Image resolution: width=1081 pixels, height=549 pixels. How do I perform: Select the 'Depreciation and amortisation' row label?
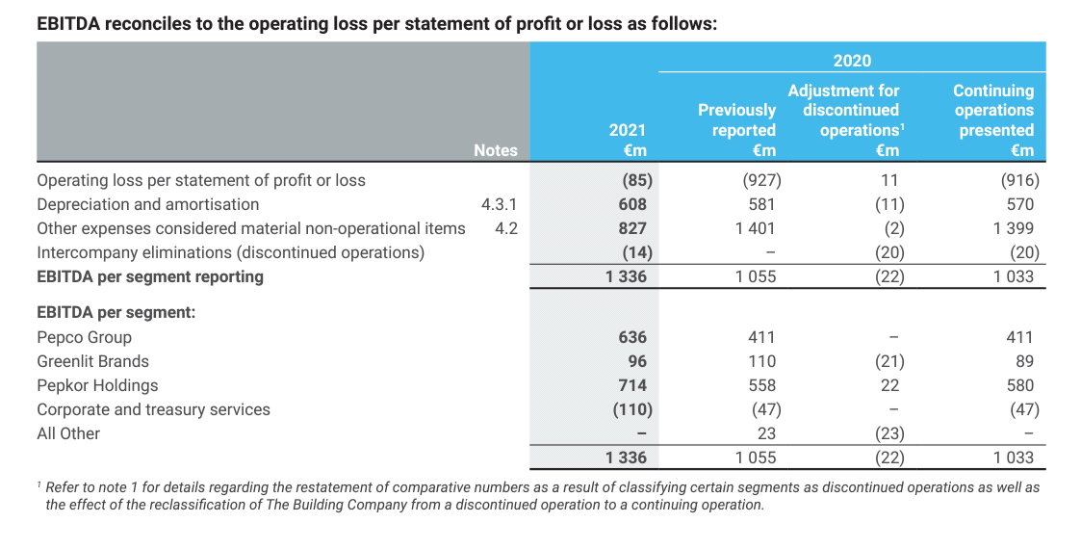tap(147, 204)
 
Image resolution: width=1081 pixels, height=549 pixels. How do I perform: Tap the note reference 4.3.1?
tap(499, 204)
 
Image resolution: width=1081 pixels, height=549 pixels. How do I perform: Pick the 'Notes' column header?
tap(495, 150)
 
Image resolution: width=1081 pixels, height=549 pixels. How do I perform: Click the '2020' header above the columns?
tap(852, 61)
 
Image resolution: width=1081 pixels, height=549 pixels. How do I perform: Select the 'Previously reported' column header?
tap(737, 120)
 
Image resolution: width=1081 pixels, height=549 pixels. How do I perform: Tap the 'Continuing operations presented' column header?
tap(993, 111)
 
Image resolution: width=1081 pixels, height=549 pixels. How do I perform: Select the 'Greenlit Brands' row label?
tap(92, 361)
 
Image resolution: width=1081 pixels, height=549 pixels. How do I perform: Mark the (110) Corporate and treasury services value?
tap(632, 409)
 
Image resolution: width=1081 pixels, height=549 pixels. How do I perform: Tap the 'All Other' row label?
tap(68, 433)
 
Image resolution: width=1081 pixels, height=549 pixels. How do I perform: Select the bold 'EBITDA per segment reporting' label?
tap(149, 276)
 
